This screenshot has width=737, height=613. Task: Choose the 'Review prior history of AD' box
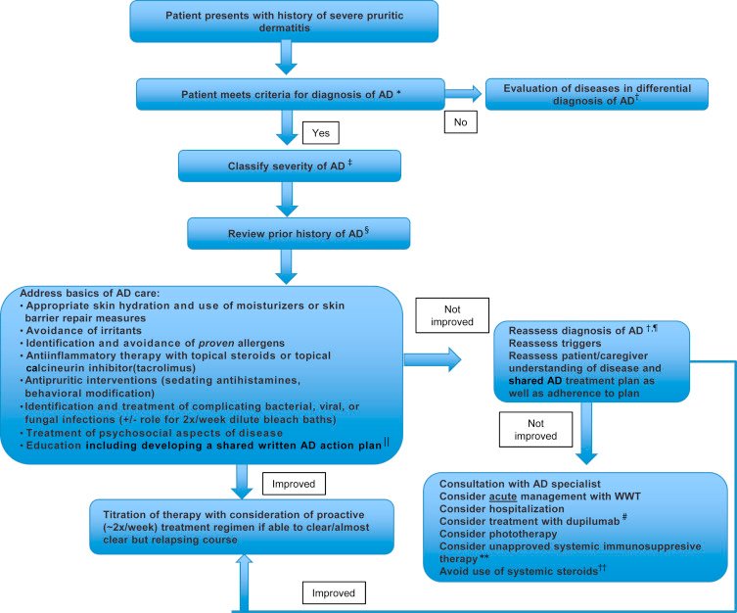(x=297, y=234)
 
